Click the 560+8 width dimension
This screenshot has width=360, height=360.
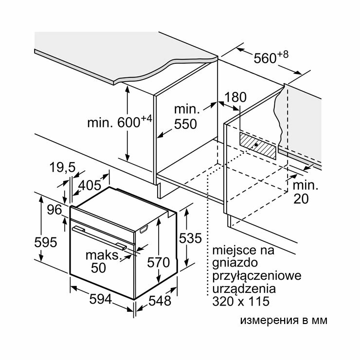tap(271, 58)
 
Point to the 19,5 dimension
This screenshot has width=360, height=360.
tap(62, 168)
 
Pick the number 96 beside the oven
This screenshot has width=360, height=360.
tap(54, 210)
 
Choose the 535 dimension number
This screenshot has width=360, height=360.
tap(190, 238)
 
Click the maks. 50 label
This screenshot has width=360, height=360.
tap(102, 261)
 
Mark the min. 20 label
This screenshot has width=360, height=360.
tap(305, 192)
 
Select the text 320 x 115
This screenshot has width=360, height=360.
tap(240, 302)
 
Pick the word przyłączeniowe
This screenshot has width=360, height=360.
tap(256, 276)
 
